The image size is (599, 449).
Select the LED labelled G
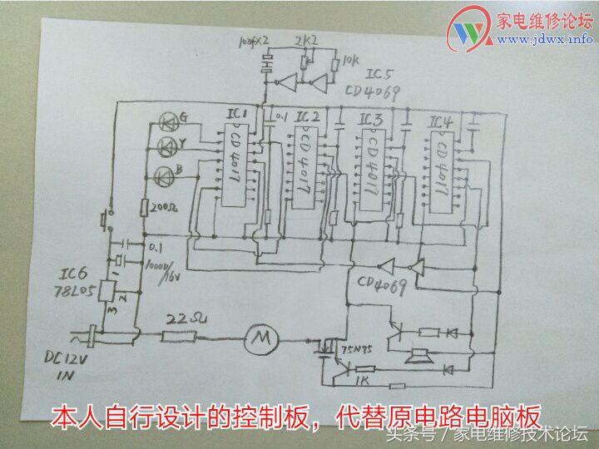[x=168, y=124]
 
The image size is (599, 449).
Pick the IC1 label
[x=237, y=112]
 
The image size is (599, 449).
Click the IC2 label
[x=307, y=116]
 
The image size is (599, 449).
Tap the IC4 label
[x=442, y=122]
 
